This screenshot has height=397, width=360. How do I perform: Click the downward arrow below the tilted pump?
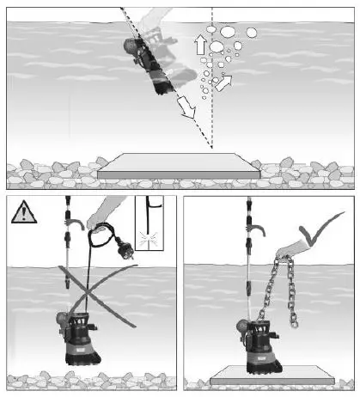[x=185, y=107]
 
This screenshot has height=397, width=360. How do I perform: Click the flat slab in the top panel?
[x=179, y=167]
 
